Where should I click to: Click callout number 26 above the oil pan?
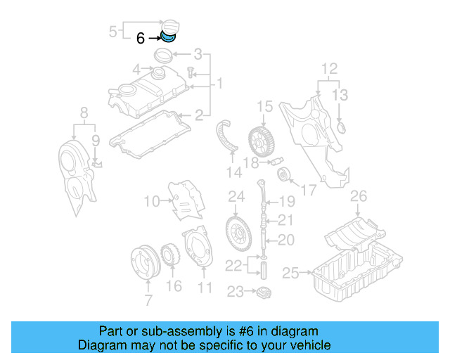(x=359, y=195)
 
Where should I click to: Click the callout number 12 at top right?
(x=330, y=69)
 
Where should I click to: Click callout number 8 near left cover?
(x=84, y=112)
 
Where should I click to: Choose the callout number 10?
(x=152, y=202)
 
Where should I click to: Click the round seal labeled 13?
(x=342, y=128)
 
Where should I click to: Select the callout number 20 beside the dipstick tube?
(x=285, y=240)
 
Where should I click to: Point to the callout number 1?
(x=219, y=84)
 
